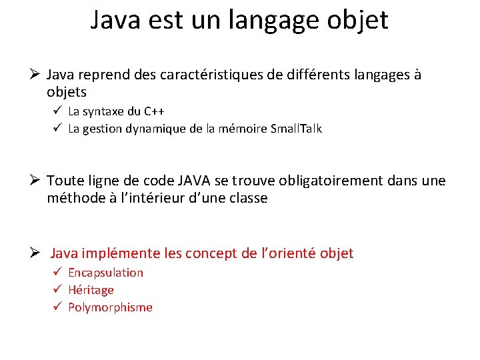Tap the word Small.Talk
tap(296, 129)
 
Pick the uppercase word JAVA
tap(195, 181)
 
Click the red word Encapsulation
tap(105, 273)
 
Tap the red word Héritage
tap(91, 290)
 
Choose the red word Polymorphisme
tap(110, 307)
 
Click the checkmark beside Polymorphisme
tap(58, 307)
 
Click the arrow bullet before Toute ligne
tap(37, 181)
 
